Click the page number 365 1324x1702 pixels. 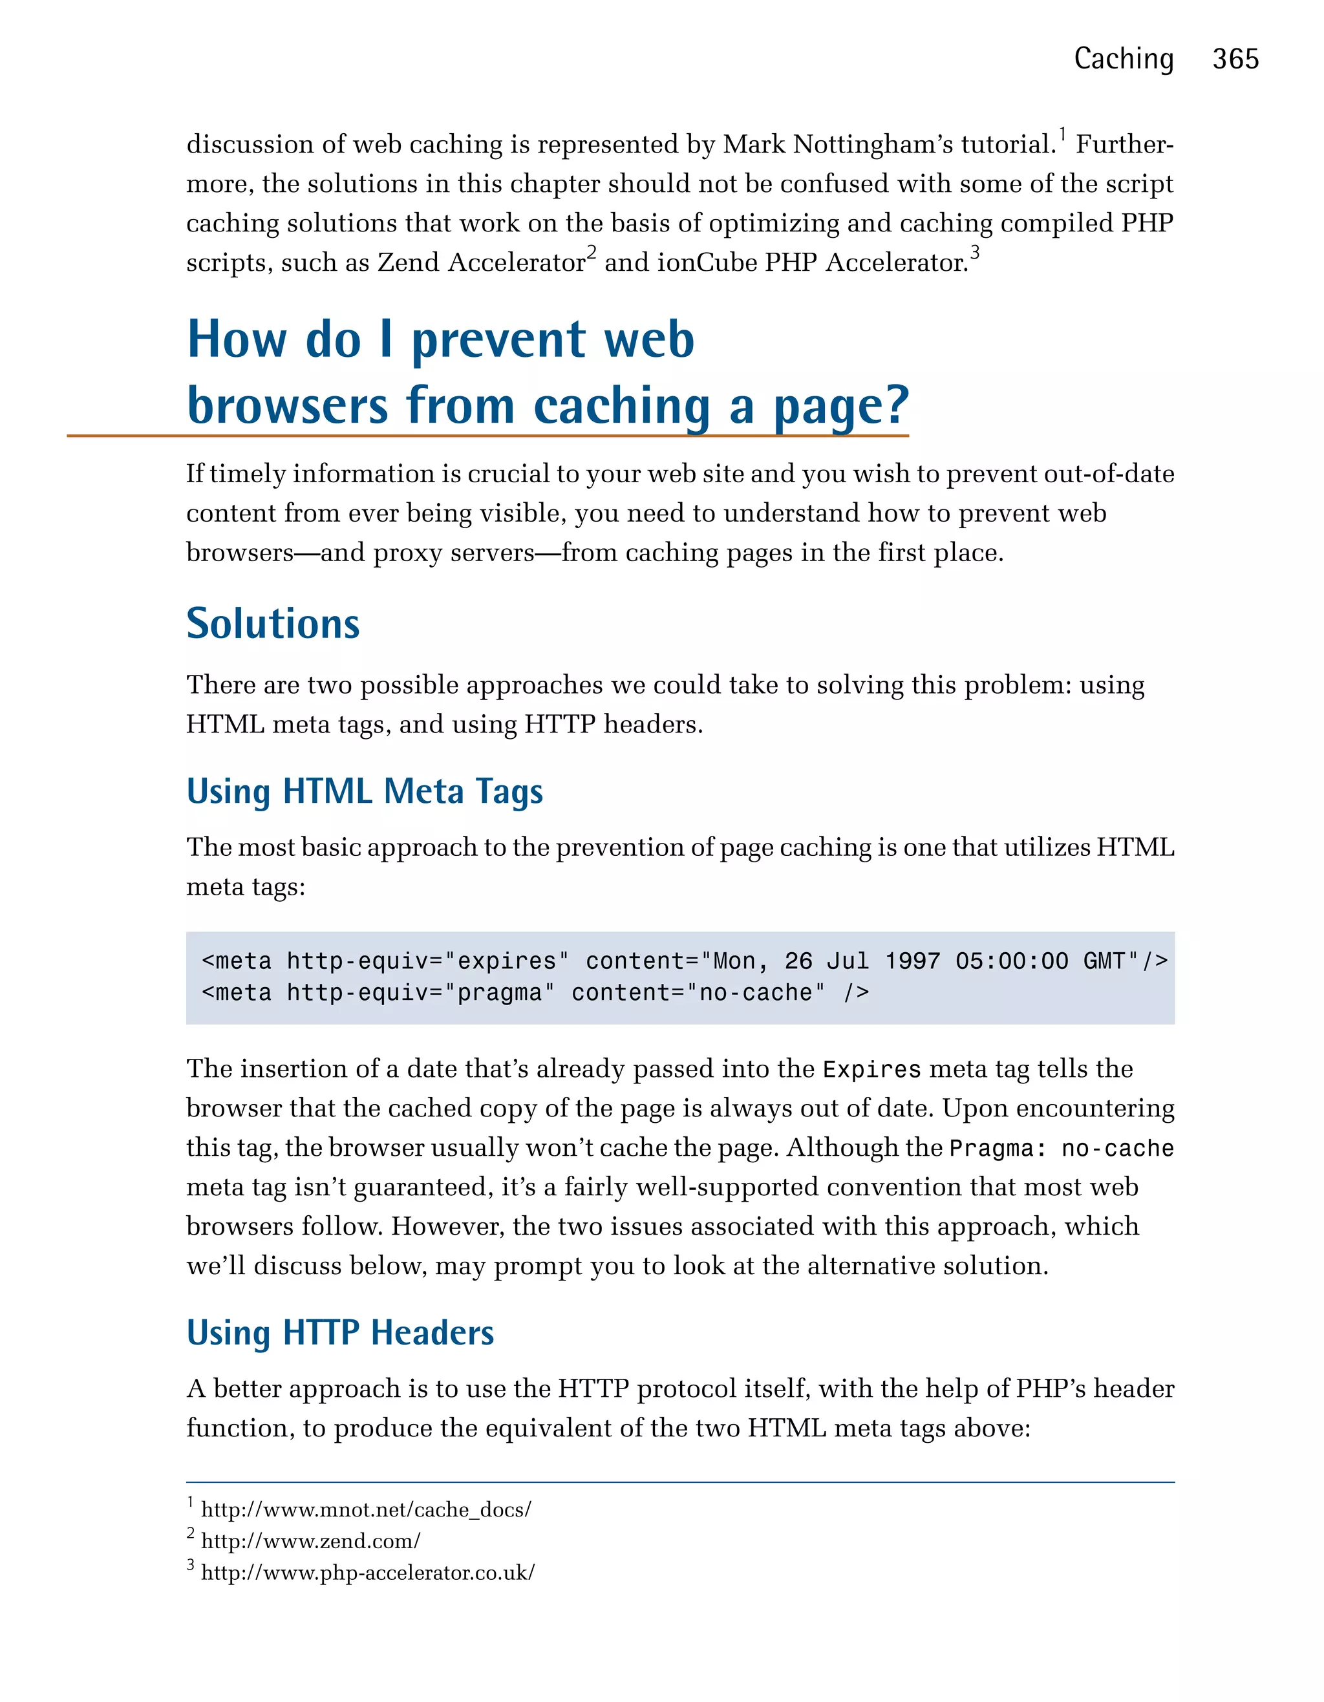point(1235,59)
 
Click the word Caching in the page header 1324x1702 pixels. point(1123,59)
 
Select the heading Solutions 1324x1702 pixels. point(273,624)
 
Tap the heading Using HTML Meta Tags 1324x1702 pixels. point(365,791)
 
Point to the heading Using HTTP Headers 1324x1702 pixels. point(340,1333)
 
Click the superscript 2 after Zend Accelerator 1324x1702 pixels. point(592,253)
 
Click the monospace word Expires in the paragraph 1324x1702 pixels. point(871,1069)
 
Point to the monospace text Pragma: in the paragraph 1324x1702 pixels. point(998,1149)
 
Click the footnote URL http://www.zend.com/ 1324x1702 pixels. point(310,1542)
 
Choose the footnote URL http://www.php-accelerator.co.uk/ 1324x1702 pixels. point(368,1573)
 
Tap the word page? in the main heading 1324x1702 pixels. point(842,407)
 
